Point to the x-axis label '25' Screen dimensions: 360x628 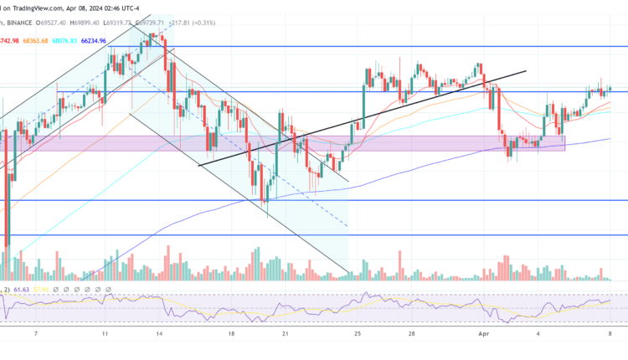click(x=358, y=332)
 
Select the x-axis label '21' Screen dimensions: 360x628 click(x=285, y=332)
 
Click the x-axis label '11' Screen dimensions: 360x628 click(x=105, y=332)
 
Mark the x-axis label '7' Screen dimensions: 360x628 click(x=34, y=332)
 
